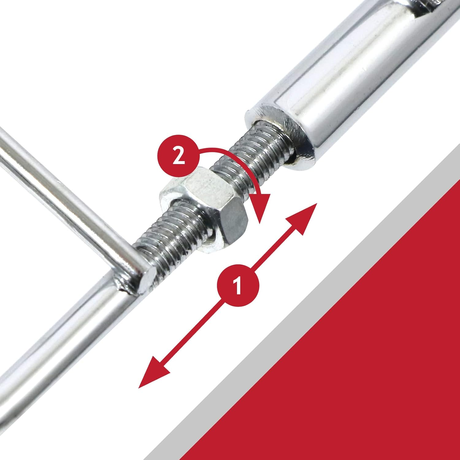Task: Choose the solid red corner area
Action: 368,368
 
